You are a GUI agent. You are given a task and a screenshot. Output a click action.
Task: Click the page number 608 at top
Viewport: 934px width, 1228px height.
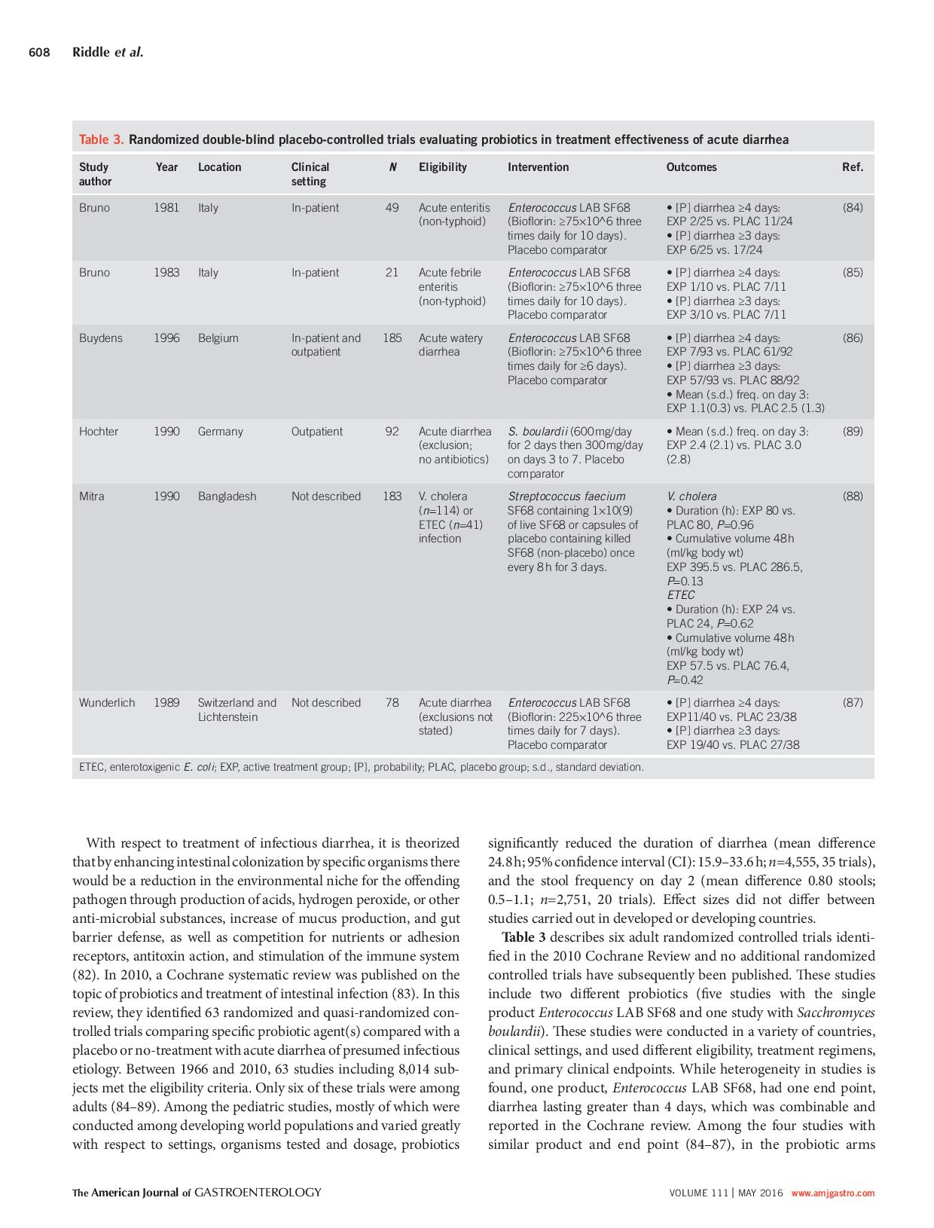pos(39,52)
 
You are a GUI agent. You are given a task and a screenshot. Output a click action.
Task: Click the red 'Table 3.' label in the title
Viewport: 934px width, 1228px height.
pos(102,139)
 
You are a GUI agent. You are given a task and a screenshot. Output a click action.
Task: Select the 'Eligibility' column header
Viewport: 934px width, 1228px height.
pos(442,167)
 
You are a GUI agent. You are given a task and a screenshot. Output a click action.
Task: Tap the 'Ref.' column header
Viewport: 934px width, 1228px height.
pos(852,167)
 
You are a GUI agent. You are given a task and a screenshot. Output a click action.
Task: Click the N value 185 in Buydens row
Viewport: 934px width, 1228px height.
pos(392,338)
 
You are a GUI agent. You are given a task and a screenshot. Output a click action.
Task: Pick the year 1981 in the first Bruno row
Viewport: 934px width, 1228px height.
pos(166,208)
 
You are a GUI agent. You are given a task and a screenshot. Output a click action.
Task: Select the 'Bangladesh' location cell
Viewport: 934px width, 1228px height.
pos(227,496)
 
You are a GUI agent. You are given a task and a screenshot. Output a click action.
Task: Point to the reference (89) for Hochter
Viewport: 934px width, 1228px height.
pos(852,432)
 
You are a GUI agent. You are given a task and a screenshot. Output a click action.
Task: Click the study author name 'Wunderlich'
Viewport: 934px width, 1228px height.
pos(107,703)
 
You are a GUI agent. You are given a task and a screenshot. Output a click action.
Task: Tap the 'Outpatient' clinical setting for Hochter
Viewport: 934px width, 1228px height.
pos(316,432)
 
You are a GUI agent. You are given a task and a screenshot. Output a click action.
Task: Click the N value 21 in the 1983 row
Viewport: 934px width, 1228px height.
pos(392,273)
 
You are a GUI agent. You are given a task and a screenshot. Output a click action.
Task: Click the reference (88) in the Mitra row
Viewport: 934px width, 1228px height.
pos(852,496)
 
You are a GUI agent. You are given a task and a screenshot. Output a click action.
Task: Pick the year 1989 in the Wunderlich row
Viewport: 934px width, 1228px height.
pos(166,703)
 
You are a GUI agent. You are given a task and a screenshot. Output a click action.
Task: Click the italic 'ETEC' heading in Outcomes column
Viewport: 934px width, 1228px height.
pos(680,595)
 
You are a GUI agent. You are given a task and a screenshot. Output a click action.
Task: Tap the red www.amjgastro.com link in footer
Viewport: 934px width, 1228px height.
pos(832,1193)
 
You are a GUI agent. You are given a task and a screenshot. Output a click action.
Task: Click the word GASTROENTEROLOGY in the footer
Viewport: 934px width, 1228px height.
pos(258,1193)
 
